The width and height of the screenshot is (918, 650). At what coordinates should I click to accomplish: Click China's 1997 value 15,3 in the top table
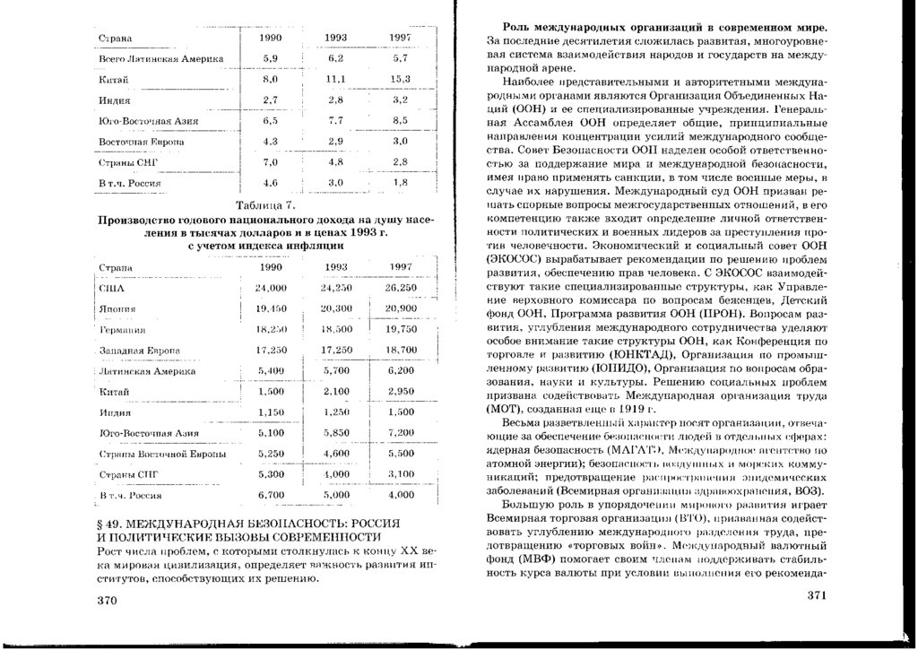click(x=400, y=80)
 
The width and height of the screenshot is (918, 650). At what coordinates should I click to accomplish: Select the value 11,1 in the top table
click(x=336, y=80)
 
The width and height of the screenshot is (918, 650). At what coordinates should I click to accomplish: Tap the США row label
click(x=108, y=289)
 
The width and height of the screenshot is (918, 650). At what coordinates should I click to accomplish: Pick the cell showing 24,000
click(x=271, y=289)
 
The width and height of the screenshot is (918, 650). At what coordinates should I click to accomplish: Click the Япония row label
click(x=114, y=309)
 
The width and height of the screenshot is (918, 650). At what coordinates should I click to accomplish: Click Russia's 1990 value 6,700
click(x=271, y=494)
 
